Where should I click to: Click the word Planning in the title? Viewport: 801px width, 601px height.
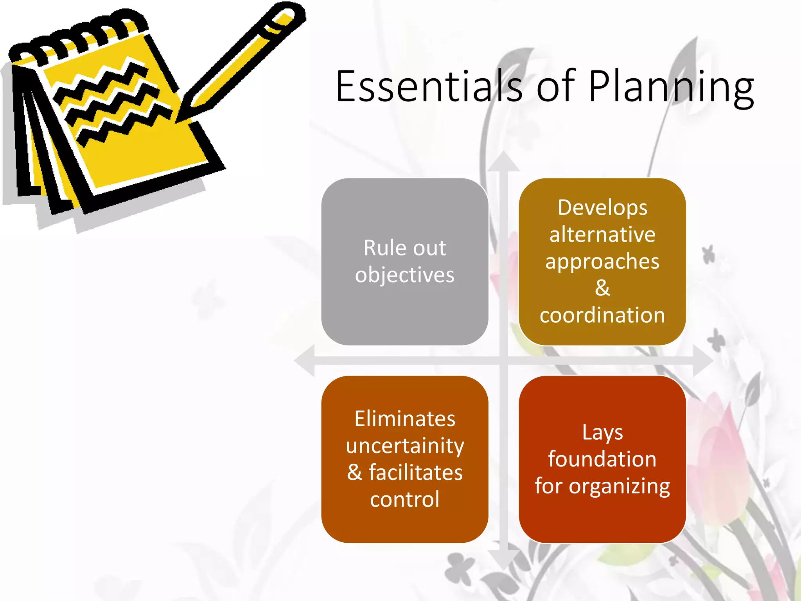click(670, 87)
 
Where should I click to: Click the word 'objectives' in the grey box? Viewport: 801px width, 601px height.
click(405, 275)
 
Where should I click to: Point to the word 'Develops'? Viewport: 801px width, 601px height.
click(602, 207)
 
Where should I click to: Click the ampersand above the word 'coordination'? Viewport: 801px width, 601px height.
click(602, 288)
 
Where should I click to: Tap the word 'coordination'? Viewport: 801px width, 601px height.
click(602, 315)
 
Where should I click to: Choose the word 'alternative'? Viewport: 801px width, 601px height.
click(602, 234)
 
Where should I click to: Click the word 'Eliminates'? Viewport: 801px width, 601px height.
click(405, 419)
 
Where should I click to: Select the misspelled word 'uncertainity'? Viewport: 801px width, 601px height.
click(405, 446)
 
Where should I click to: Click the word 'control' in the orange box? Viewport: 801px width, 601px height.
click(405, 499)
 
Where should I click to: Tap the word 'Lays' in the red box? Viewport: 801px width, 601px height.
click(602, 432)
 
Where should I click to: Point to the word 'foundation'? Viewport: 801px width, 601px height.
click(602, 459)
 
